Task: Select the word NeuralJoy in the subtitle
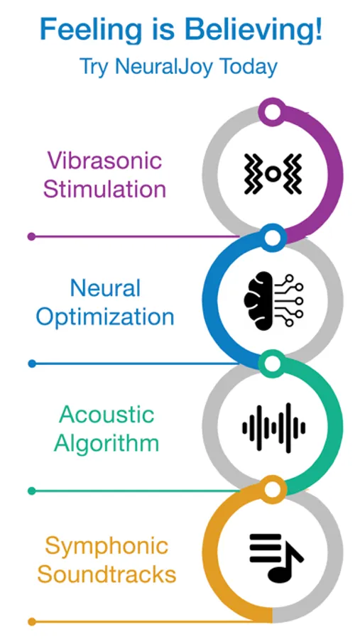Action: [164, 67]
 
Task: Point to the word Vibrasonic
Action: [105, 160]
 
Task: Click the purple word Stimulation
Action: [105, 189]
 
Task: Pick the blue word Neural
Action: [105, 288]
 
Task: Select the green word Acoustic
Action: [107, 415]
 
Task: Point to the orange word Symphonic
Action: [107, 547]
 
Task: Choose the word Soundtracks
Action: [107, 574]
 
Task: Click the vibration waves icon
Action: [273, 174]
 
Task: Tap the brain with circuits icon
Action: [273, 300]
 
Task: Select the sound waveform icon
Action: [273, 427]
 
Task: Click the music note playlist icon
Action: [276, 558]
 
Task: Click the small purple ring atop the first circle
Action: [273, 111]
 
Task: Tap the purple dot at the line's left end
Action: [31, 236]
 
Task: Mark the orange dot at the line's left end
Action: [32, 622]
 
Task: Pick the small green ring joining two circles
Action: [273, 364]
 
